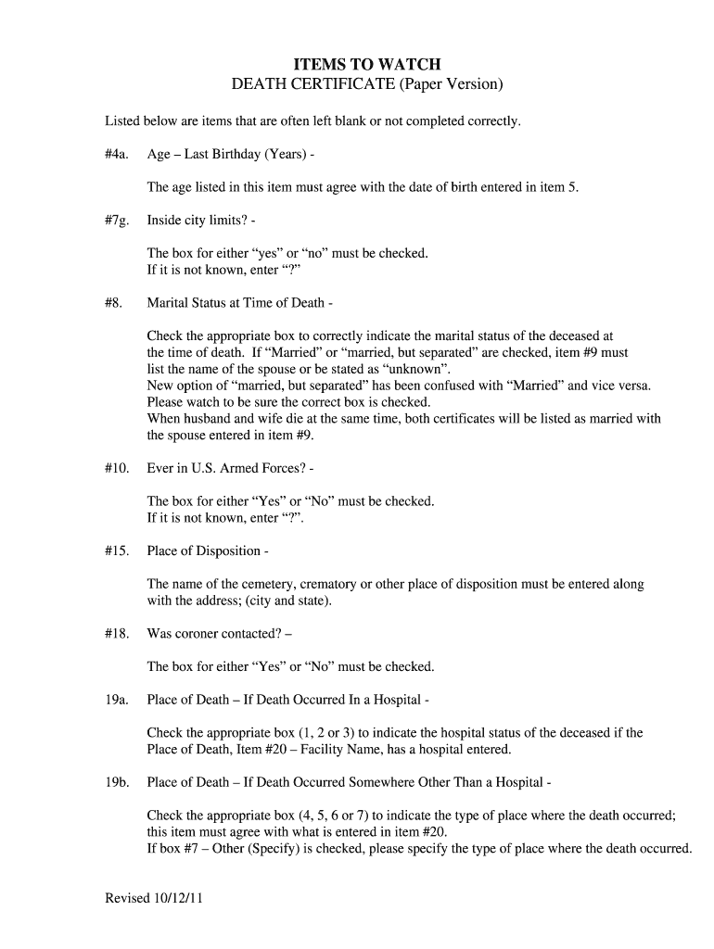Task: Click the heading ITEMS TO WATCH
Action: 368,64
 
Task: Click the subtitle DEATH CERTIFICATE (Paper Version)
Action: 367,85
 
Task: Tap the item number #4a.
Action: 117,154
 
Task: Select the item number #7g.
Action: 117,220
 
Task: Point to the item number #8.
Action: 113,303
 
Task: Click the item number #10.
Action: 116,468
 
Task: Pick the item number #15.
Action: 116,550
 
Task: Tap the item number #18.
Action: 116,634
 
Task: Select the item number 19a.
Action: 116,700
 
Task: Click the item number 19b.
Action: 116,782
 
